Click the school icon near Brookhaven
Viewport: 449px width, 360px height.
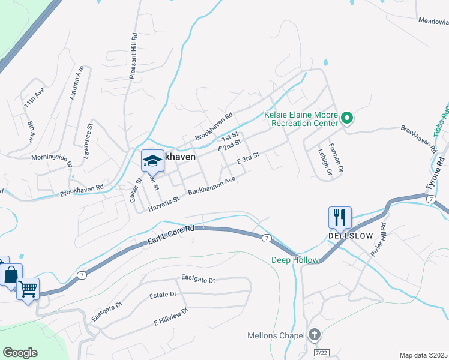(152, 160)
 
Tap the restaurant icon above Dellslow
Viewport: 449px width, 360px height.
(340, 217)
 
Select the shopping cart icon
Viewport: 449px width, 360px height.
(28, 289)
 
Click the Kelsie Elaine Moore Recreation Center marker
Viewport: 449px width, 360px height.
(346, 119)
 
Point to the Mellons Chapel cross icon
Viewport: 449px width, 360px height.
(315, 335)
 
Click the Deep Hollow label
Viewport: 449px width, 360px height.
(294, 260)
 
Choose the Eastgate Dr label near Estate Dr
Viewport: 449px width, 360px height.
(199, 280)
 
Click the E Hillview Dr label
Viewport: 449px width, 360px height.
(171, 316)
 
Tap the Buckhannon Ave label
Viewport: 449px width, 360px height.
(211, 186)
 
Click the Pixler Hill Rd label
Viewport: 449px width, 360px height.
(379, 240)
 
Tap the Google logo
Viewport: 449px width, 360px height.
(20, 352)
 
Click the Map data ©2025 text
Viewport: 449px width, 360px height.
(424, 355)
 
